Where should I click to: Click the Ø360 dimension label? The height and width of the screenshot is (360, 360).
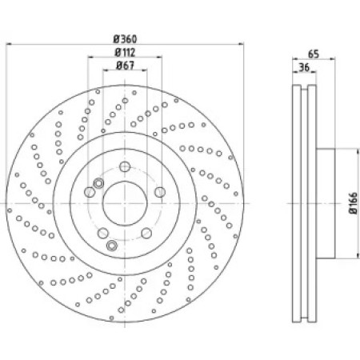coord(125,39)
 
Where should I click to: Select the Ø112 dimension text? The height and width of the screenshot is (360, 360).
coord(125,52)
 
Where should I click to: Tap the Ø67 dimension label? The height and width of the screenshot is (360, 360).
coord(125,66)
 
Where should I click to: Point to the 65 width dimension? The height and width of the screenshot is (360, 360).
coord(314,54)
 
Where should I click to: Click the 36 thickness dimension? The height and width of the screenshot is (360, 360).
coord(304,67)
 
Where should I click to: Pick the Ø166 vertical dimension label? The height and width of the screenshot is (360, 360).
coord(353,202)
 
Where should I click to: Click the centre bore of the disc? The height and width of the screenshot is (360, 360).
coord(125,203)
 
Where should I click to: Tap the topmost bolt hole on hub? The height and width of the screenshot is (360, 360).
coord(125,166)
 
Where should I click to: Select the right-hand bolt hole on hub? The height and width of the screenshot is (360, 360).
coord(160,192)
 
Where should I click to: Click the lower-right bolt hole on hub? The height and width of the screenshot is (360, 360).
coord(146,234)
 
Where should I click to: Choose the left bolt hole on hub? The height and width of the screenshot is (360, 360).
coord(90,192)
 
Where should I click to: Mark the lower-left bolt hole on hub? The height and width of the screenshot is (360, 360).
coord(103,234)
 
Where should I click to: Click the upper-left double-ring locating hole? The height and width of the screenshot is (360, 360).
coord(98,183)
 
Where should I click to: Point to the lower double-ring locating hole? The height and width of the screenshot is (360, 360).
coord(112,246)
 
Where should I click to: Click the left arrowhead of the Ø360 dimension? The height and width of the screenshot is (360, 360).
coord(9,44)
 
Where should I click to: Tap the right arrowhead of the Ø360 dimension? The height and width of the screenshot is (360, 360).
coord(241,44)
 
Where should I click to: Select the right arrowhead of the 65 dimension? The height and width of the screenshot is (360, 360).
coord(332,58)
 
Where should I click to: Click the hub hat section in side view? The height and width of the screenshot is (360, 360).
coord(326,203)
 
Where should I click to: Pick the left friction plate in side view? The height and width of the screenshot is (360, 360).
coord(297,203)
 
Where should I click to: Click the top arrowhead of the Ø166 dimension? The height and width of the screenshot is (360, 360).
coord(358,151)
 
